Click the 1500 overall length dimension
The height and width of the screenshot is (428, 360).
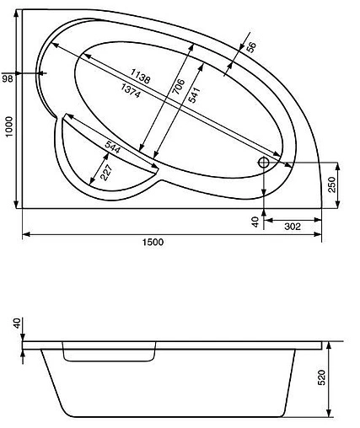pyautogui.click(x=153, y=243)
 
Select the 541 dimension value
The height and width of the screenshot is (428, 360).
pyautogui.click(x=194, y=95)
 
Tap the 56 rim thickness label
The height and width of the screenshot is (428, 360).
pyautogui.click(x=250, y=48)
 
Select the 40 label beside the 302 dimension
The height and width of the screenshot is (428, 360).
pyautogui.click(x=254, y=222)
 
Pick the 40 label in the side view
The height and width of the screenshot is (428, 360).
pyautogui.click(x=16, y=325)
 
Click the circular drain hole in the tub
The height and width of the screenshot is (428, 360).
pyautogui.click(x=265, y=162)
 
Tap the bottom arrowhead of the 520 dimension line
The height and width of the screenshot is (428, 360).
pyautogui.click(x=330, y=415)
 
